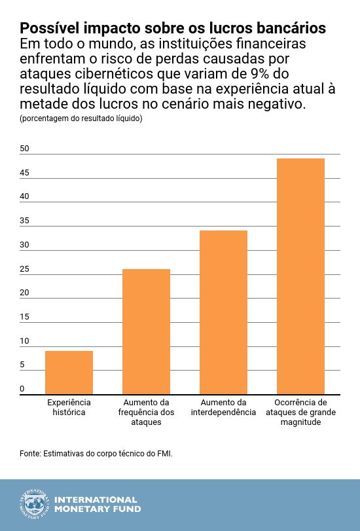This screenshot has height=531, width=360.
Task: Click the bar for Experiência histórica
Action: [x=69, y=373]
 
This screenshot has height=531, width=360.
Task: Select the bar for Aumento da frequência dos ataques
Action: [x=146, y=332]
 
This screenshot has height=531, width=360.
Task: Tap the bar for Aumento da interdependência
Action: [x=223, y=312]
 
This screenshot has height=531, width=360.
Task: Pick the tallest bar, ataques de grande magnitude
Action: [x=300, y=276]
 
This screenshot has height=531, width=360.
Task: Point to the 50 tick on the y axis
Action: [x=24, y=149]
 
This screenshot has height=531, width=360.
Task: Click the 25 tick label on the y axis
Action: [x=24, y=269]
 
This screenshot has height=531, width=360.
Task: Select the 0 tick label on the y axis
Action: [x=22, y=389]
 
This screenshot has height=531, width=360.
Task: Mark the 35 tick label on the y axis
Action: [x=24, y=221]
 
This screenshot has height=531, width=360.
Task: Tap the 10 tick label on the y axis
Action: [x=24, y=341]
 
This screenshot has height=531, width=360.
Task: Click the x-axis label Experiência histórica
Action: [x=69, y=407]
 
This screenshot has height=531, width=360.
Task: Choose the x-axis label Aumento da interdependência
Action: [x=223, y=407]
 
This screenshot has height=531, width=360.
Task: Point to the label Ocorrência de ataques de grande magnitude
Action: [x=300, y=412]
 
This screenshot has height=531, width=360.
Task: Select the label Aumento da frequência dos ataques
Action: [x=146, y=412]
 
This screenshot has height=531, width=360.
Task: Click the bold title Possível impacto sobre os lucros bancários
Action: [x=173, y=29]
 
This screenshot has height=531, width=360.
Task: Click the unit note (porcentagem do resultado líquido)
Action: [x=81, y=119]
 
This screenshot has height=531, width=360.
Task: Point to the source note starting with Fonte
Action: [x=96, y=453]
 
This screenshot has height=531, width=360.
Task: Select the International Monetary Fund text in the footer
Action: [x=97, y=504]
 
